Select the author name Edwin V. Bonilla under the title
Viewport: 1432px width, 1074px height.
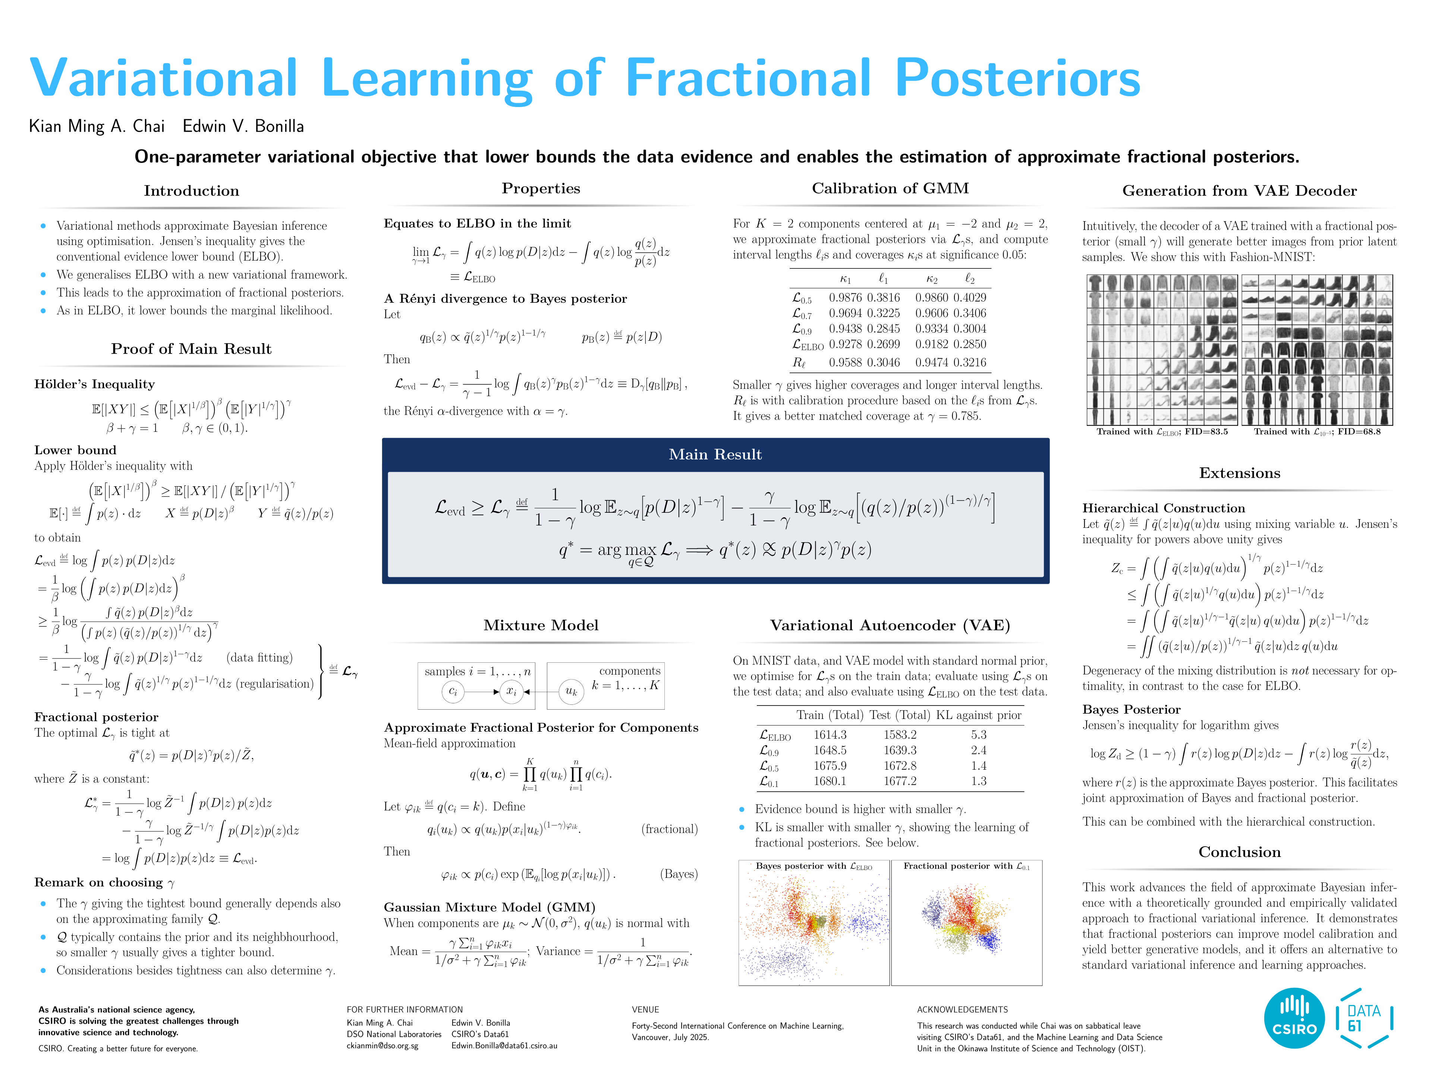[243, 126]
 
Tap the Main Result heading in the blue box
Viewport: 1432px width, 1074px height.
[715, 455]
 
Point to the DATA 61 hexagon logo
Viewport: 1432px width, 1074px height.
[1364, 1018]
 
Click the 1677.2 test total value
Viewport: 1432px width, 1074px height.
[900, 781]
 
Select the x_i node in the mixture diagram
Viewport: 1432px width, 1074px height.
[512, 691]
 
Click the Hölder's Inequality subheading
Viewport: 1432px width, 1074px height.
[95, 384]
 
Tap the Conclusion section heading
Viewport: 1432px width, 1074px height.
[1239, 852]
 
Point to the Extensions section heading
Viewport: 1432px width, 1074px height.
[1239, 473]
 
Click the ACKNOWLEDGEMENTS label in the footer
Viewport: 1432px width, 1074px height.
[962, 1009]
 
